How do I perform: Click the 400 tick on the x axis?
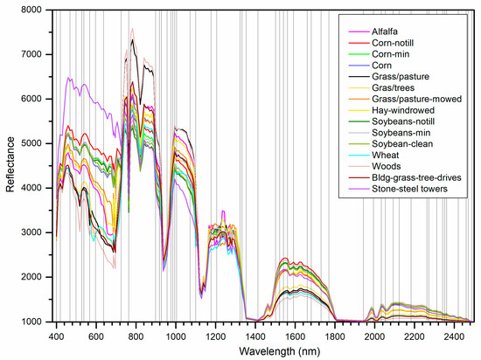point(57,335)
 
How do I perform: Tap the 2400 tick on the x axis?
point(453,335)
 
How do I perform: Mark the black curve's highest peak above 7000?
point(133,39)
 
